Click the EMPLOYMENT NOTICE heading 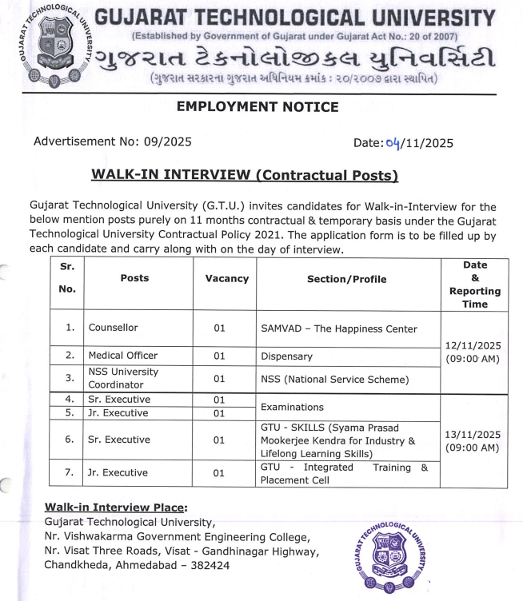pos(246,107)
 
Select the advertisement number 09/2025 pos(167,142)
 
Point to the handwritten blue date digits pos(392,143)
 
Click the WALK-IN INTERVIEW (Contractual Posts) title pos(245,175)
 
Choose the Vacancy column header pos(226,279)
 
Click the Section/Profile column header pos(346,279)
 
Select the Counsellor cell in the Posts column pos(114,328)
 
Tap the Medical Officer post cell pos(123,356)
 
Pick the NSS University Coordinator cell pos(124,378)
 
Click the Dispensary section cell pos(286,356)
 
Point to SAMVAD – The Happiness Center pos(339,328)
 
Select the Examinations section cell pos(292,407)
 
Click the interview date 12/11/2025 pos(473,345)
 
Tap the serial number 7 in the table pos(69,472)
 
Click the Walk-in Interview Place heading pos(116,507)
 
